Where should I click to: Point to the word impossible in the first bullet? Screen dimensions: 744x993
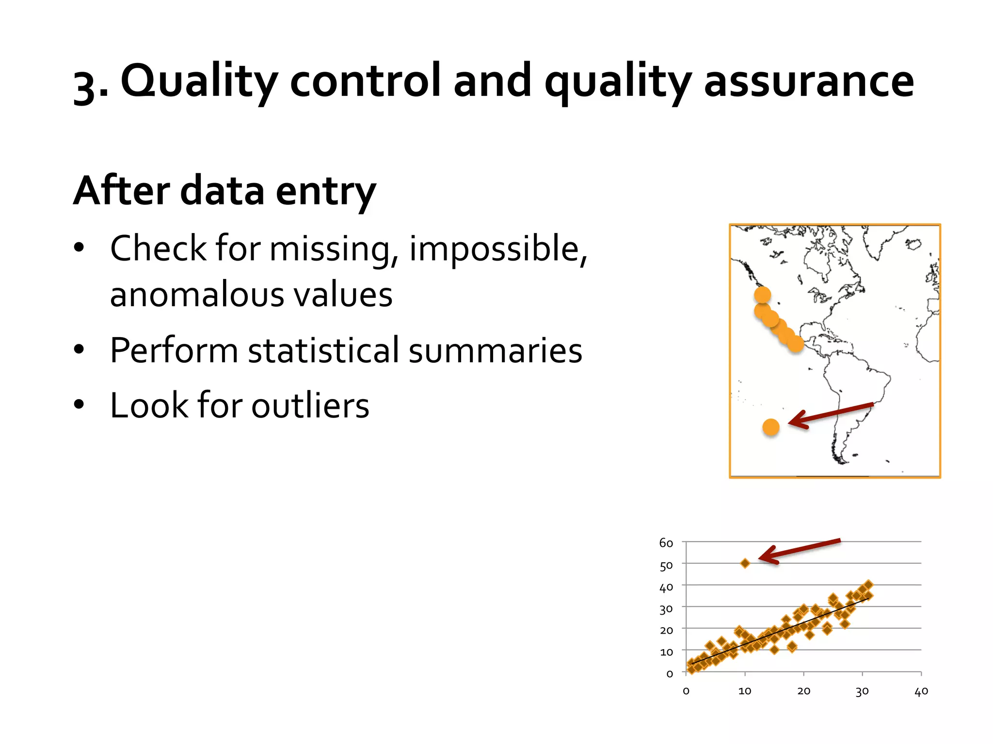(x=497, y=248)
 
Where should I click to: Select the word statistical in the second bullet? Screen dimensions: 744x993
(x=323, y=350)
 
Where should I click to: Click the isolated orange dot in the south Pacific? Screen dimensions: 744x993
(x=770, y=427)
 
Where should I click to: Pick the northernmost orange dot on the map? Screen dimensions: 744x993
(x=762, y=294)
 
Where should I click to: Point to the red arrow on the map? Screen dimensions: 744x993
(x=830, y=415)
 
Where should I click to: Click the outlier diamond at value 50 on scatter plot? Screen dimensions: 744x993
(x=745, y=563)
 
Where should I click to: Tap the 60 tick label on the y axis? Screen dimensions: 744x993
(x=666, y=543)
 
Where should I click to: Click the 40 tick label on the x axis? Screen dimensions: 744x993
(x=921, y=692)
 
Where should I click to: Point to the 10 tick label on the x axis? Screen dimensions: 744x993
(x=745, y=692)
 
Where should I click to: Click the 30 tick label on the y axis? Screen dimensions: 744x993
(x=666, y=609)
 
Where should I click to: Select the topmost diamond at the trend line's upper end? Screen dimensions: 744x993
(x=868, y=585)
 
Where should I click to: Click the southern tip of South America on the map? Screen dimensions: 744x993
(x=841, y=461)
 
